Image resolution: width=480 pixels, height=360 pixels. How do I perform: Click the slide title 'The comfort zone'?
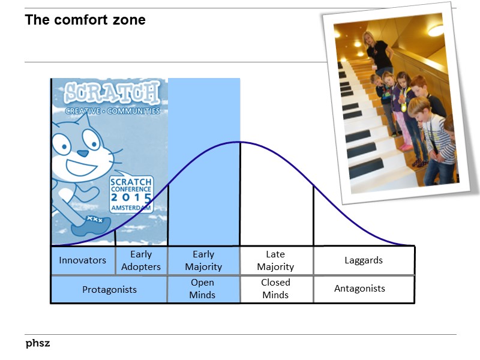[85, 20]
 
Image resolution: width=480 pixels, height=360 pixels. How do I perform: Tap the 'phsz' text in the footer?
[37, 343]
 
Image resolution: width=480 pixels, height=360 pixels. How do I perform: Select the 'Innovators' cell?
[82, 260]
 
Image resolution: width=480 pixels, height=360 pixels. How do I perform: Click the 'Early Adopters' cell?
[141, 260]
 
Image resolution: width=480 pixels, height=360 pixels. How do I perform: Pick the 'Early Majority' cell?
[203, 260]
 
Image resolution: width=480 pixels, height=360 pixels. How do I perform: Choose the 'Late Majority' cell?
[275, 260]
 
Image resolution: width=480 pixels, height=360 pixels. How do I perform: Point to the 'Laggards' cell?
[364, 260]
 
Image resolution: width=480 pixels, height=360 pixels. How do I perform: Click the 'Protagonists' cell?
[109, 289]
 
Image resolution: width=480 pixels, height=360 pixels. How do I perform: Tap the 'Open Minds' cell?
[203, 289]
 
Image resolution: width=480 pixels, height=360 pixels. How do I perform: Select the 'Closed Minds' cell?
[275, 289]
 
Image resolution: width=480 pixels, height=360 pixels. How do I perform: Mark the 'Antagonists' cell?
[359, 289]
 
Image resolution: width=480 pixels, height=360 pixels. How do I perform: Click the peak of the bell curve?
[239, 142]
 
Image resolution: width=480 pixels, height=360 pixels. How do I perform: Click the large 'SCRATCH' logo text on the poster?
[112, 94]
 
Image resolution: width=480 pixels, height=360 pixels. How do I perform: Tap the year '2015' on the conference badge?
[131, 197]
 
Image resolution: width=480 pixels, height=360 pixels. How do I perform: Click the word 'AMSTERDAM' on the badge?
[131, 207]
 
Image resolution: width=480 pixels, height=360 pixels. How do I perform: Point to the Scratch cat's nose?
[82, 153]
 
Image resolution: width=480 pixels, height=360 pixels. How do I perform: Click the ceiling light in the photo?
[436, 29]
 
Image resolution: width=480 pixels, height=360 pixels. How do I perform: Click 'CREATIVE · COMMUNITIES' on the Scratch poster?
[112, 111]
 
